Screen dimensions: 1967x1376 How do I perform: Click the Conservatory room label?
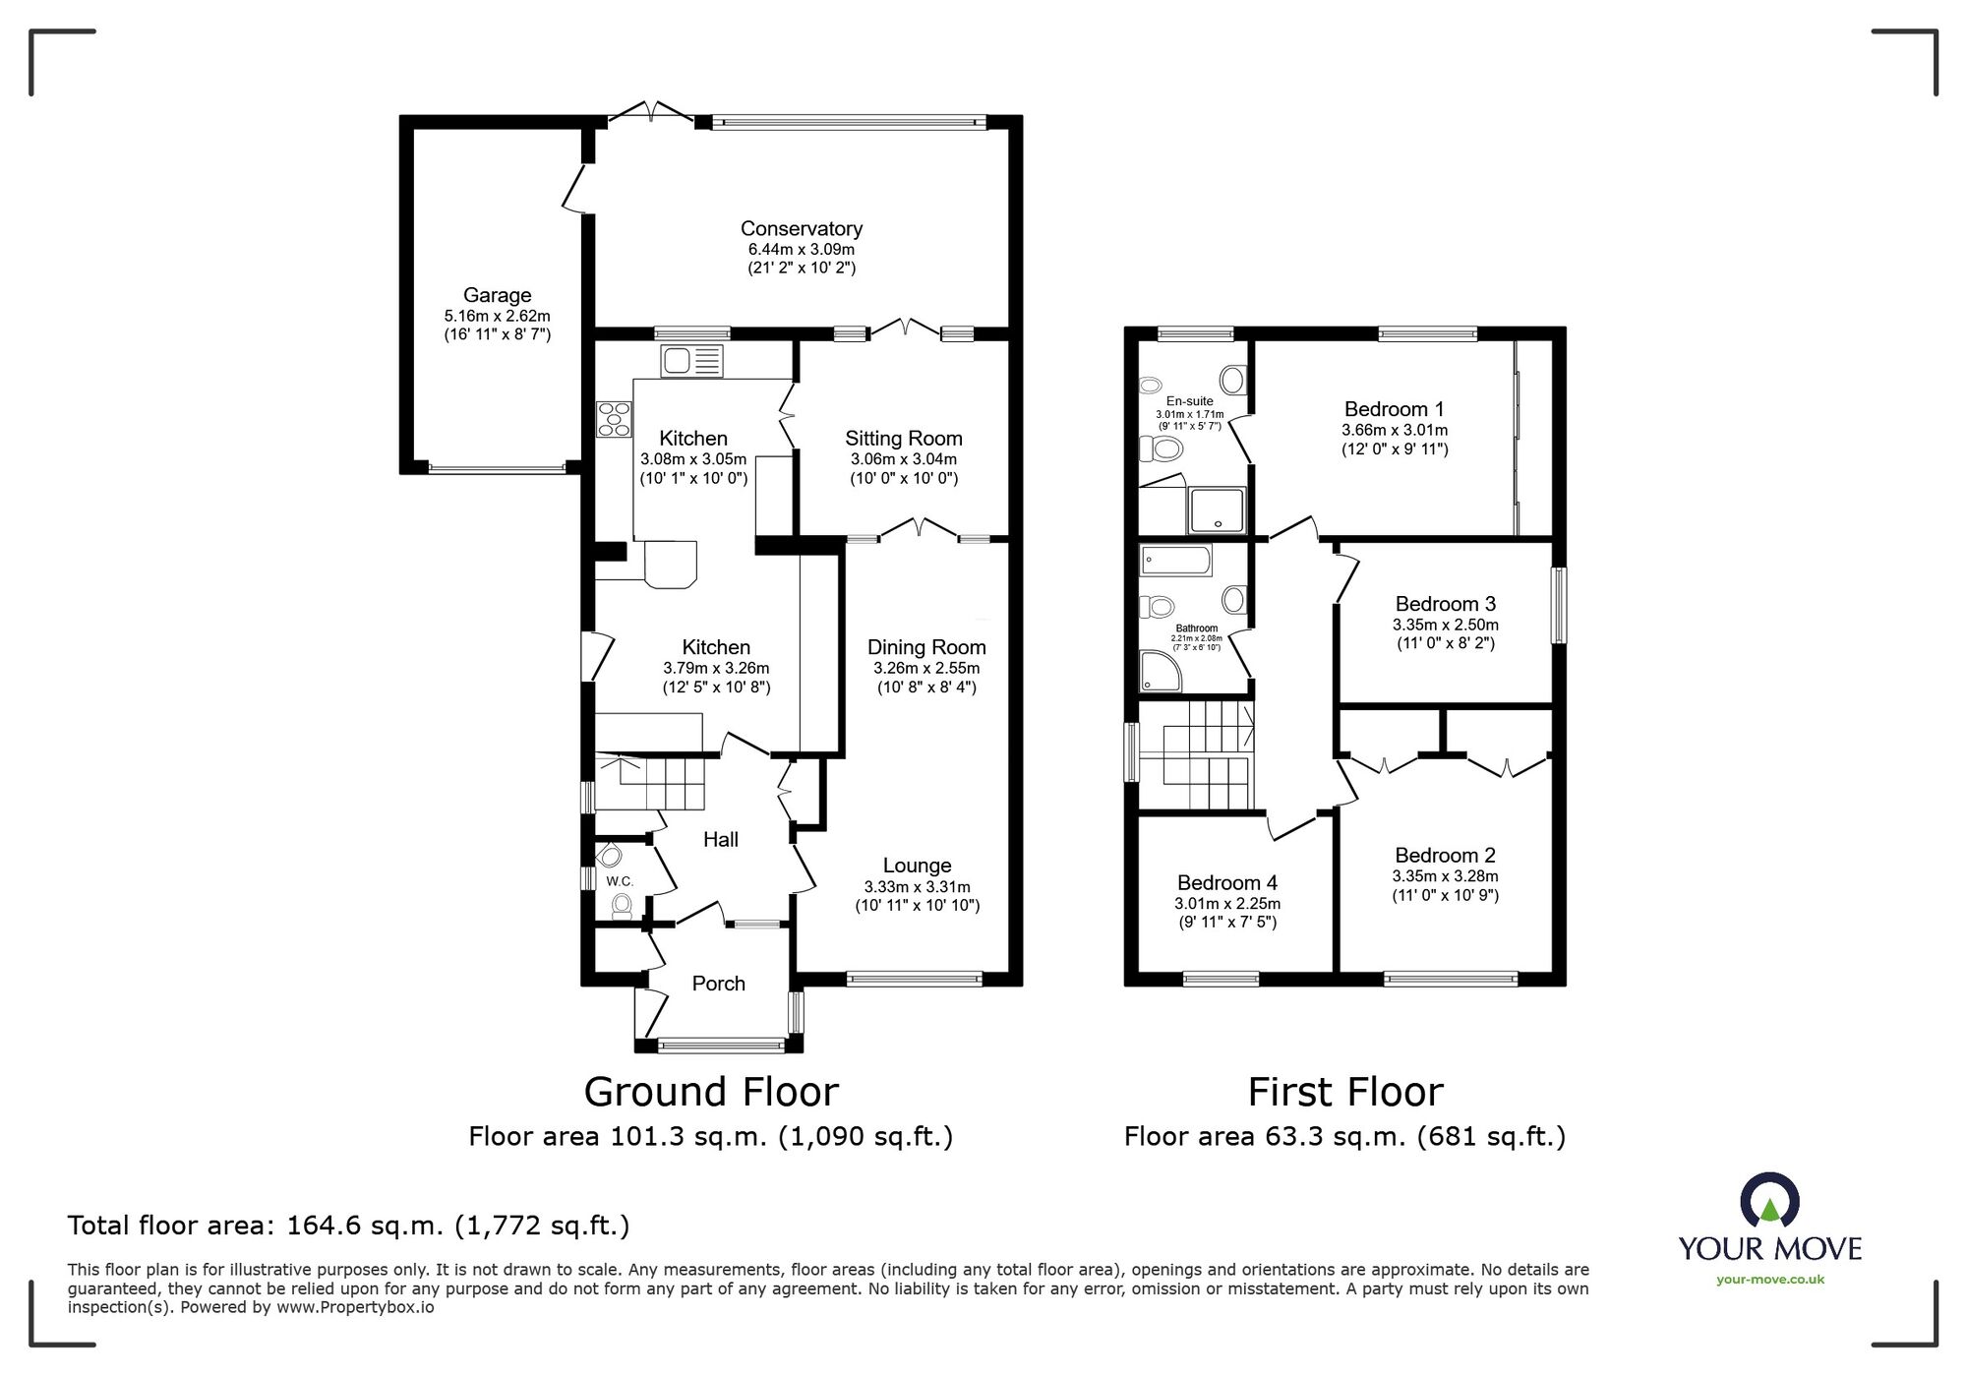click(x=802, y=229)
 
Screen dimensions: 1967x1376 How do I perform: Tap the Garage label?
click(x=498, y=295)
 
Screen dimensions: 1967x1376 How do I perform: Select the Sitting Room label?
click(x=904, y=439)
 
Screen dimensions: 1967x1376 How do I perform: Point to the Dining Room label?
click(x=926, y=647)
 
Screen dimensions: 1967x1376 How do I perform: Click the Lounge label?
click(x=918, y=866)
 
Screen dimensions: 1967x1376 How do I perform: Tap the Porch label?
click(x=719, y=984)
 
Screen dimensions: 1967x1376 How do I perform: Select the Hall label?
click(x=721, y=839)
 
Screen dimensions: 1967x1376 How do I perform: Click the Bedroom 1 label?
click(x=1395, y=409)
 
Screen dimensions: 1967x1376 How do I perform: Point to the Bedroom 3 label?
click(x=1446, y=604)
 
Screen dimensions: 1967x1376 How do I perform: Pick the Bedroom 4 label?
click(x=1227, y=883)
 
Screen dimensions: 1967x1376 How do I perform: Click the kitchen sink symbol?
click(x=692, y=361)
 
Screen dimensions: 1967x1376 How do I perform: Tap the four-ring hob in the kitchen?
click(x=614, y=419)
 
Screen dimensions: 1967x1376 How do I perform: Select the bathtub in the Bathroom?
click(x=1176, y=562)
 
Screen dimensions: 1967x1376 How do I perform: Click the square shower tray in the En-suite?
click(x=1218, y=510)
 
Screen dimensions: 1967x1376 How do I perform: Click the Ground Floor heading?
click(x=711, y=1092)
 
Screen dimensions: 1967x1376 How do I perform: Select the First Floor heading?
click(x=1345, y=1092)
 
